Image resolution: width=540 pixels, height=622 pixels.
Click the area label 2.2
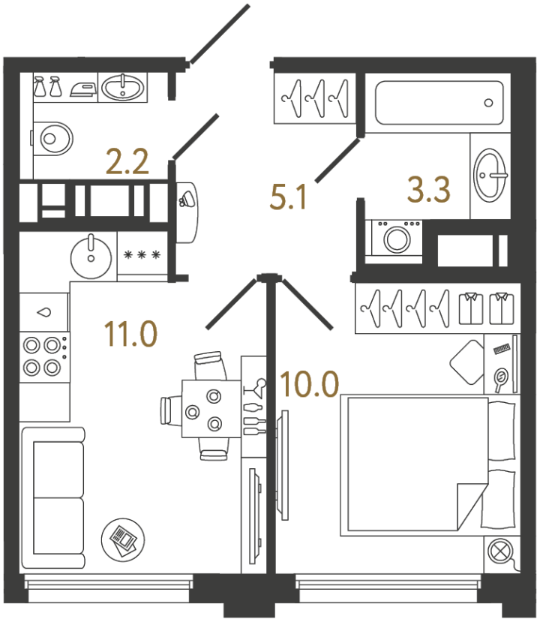point(127,162)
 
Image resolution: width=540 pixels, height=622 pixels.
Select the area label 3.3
point(428,190)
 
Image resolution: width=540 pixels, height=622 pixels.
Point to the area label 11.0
point(130,334)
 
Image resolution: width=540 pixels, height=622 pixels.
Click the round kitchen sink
point(91,255)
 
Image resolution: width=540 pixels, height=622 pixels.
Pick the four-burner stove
point(42,356)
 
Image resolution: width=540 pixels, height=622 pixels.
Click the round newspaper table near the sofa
point(122,537)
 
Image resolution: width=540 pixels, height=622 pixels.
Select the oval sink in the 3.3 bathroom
point(490,174)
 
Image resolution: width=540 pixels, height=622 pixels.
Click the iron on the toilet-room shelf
point(82,88)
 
